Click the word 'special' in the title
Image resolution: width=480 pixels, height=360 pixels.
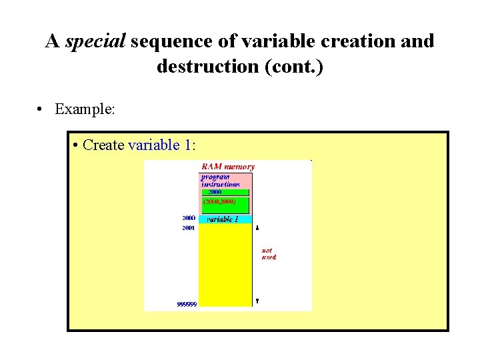95,41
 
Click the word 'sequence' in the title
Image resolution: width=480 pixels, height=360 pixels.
170,41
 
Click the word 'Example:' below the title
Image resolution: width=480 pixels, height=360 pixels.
85,108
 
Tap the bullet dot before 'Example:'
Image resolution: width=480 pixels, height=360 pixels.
41,109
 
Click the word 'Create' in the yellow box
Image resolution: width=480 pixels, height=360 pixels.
104,145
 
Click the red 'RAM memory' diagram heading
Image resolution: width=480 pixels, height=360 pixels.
227,166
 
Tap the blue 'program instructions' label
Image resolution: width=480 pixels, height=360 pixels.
221,180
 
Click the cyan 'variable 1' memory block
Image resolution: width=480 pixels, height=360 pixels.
225,219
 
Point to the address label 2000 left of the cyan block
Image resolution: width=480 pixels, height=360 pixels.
189,218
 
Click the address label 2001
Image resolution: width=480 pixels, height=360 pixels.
189,228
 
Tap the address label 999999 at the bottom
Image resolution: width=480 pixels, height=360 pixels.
187,304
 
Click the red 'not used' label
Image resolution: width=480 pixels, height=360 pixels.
268,254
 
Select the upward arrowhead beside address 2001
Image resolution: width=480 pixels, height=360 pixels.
257,228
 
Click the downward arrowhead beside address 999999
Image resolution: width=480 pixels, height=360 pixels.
257,301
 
